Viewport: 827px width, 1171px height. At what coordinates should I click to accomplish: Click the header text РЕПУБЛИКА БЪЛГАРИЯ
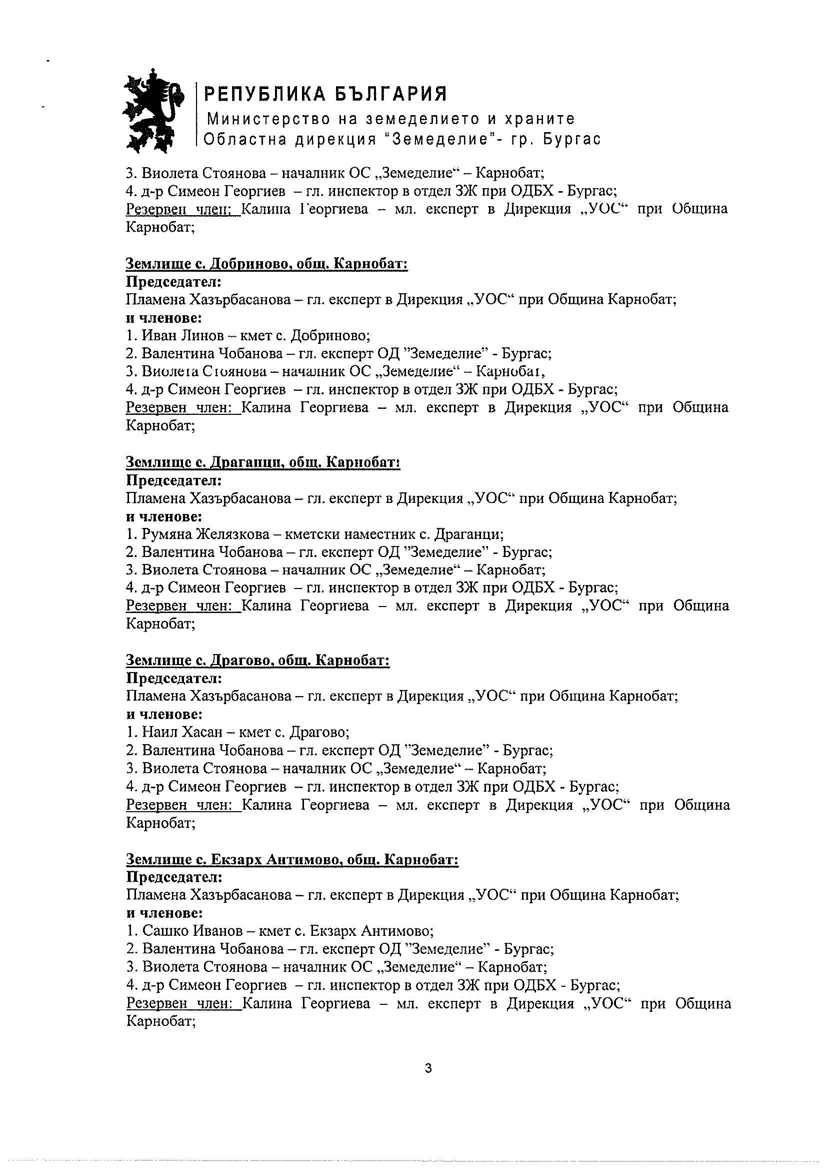325,94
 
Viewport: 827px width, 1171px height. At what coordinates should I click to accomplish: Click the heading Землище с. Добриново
266,264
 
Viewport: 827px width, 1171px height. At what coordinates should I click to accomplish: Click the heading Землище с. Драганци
262,462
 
